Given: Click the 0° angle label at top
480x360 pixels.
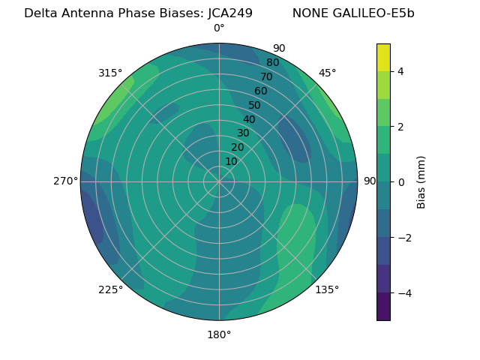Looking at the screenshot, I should click(x=219, y=28).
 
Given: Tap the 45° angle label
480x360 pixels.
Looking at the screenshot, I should click(x=328, y=73).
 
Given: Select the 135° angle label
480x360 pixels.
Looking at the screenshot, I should click(x=327, y=289).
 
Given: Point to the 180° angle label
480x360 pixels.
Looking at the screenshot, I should click(x=219, y=334).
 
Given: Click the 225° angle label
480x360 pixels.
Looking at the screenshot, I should click(x=110, y=290).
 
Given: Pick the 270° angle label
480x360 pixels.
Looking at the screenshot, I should click(x=66, y=181).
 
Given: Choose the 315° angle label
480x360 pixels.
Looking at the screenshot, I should click(x=110, y=73).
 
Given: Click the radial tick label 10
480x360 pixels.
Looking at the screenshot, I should click(x=231, y=161).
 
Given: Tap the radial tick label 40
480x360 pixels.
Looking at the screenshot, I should click(x=249, y=119).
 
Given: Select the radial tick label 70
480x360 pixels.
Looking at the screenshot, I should click(x=266, y=76).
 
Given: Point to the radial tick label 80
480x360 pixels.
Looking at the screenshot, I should click(x=272, y=63).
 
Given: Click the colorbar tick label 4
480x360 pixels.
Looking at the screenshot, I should click(x=401, y=71).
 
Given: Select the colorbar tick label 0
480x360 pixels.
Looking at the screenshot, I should click(x=401, y=181).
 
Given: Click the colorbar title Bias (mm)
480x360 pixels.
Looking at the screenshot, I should click(x=421, y=181).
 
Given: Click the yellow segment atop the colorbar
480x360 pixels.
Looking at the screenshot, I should click(x=383, y=57).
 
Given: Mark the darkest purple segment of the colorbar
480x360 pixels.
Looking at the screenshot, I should click(x=383, y=307).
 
